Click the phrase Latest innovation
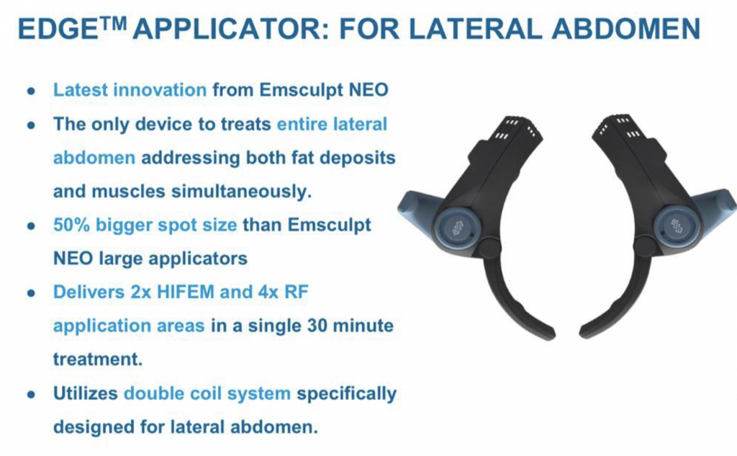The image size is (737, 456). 130,91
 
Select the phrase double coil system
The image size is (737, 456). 207,394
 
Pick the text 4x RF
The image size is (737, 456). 282,292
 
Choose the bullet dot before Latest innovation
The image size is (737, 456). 30,91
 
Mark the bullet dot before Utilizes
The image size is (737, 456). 30,395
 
